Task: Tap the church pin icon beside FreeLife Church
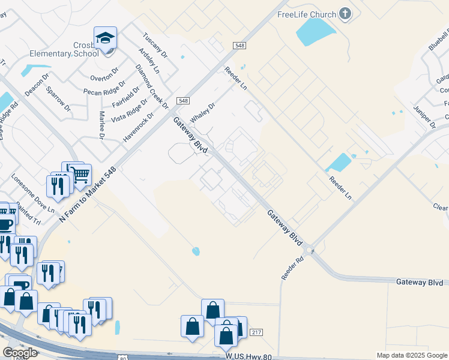point(345,13)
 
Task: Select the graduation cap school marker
point(106,38)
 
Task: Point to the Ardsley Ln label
point(148,61)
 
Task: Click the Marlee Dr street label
point(102,125)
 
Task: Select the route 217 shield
point(256,332)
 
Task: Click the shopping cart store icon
point(80,174)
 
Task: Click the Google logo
point(20,352)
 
